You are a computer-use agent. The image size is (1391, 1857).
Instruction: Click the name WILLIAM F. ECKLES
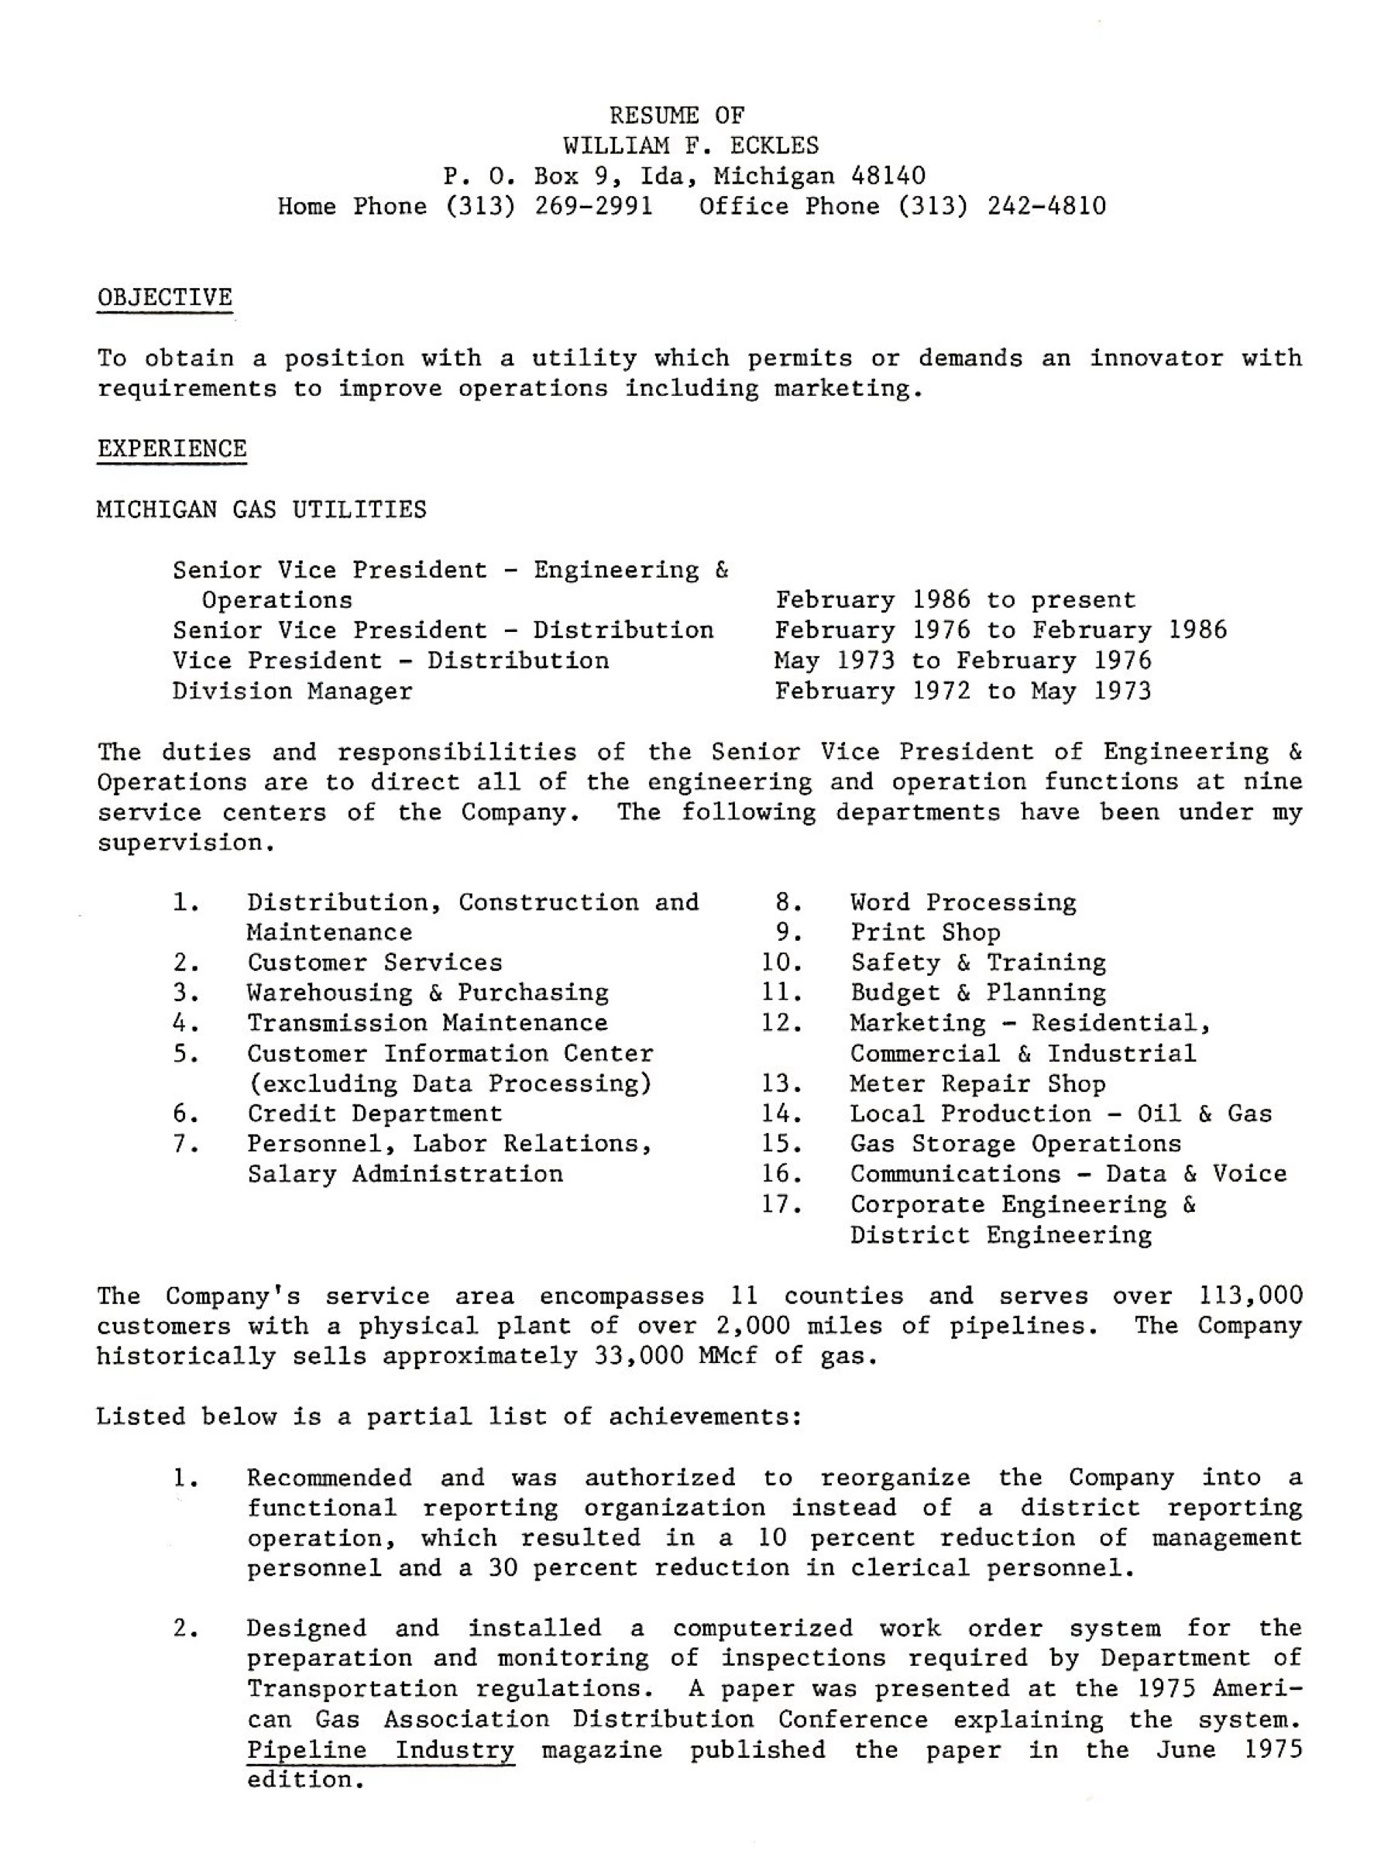click(690, 146)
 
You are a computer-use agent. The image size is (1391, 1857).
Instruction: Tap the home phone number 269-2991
click(593, 207)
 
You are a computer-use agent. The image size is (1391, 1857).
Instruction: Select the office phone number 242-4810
click(1046, 207)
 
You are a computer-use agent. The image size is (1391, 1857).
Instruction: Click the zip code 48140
click(888, 177)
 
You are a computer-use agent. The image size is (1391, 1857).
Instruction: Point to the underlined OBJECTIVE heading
click(164, 298)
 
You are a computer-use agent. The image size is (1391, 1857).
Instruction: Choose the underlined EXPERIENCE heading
click(171, 449)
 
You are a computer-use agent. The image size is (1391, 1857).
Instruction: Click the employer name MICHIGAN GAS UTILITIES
click(261, 510)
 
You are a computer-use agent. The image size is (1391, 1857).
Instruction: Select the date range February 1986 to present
click(954, 600)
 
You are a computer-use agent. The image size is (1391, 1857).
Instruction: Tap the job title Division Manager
click(292, 692)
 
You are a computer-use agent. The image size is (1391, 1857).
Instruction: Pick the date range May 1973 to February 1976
click(962, 661)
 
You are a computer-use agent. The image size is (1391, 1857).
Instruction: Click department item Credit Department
click(373, 1114)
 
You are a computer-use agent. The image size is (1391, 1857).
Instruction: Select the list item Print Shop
click(925, 932)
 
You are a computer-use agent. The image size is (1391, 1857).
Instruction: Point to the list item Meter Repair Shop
click(977, 1084)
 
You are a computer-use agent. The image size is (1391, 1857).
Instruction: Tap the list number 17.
click(781, 1205)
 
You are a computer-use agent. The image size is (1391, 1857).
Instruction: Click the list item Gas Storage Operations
click(1015, 1145)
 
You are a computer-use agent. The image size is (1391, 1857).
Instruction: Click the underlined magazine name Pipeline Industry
click(380, 1750)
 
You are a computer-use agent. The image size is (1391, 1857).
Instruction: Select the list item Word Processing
click(962, 902)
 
